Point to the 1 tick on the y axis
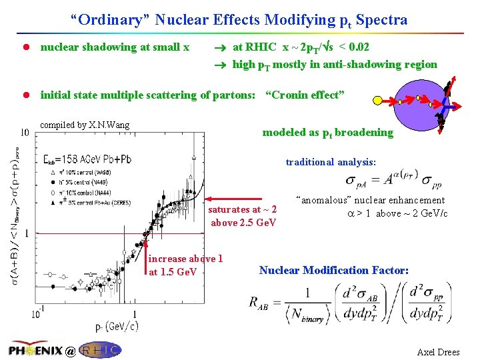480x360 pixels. click(26, 233)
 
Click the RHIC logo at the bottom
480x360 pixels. click(101, 351)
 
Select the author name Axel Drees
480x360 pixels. click(438, 352)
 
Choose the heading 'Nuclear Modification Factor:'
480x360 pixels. click(333, 270)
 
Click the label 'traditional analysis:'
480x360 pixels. click(331, 162)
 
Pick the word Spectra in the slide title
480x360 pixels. click(381, 20)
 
